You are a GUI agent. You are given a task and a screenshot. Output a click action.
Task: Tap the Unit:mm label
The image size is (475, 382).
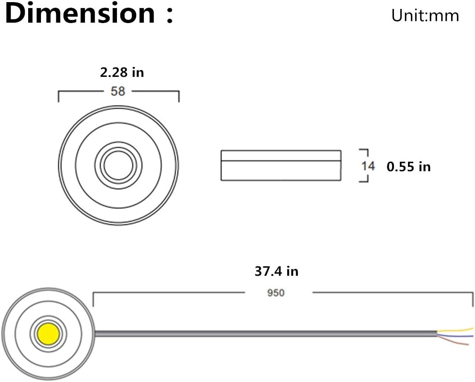(x=425, y=16)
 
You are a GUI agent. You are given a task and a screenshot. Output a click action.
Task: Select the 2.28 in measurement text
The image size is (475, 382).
(x=122, y=73)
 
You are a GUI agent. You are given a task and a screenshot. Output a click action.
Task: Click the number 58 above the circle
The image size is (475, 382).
(x=118, y=91)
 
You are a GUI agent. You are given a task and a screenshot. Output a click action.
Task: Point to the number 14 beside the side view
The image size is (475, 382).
(x=368, y=166)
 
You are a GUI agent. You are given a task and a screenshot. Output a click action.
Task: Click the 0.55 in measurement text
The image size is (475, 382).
(x=408, y=166)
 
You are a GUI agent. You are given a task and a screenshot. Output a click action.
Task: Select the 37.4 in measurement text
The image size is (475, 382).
(x=276, y=271)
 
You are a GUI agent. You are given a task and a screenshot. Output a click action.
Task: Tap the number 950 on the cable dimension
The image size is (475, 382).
(x=276, y=293)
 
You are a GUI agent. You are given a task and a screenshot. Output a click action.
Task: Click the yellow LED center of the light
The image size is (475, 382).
(x=47, y=332)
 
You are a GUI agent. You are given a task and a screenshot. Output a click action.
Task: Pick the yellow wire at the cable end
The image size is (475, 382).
(x=461, y=330)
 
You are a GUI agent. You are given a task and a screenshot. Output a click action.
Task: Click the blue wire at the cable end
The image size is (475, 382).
(x=459, y=336)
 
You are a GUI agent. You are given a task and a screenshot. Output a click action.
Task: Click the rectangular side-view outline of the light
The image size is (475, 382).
(x=281, y=165)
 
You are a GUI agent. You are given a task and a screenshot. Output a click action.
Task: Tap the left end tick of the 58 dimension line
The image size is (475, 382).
(x=58, y=96)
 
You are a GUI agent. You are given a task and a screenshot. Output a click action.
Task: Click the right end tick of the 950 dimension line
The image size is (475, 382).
(x=472, y=299)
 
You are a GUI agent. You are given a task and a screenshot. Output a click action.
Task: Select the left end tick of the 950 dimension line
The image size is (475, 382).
(x=93, y=299)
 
